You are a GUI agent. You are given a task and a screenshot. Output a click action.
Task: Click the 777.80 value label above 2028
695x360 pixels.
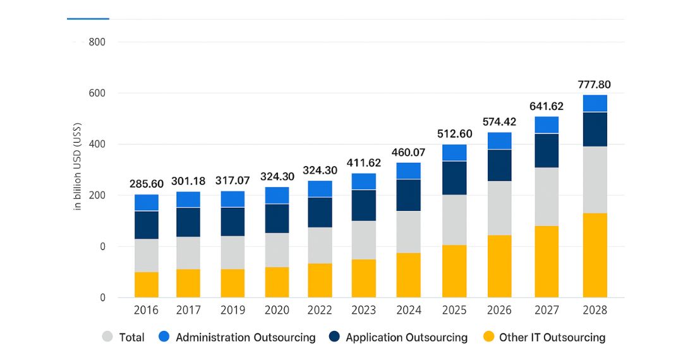[x=595, y=85]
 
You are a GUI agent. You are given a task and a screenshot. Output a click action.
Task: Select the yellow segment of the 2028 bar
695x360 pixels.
[x=595, y=255]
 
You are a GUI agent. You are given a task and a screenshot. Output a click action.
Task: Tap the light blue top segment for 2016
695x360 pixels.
[x=147, y=203]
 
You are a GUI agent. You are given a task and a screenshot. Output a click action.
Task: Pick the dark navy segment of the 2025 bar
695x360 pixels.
[x=454, y=178]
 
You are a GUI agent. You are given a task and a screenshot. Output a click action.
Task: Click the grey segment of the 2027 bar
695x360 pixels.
[x=547, y=196]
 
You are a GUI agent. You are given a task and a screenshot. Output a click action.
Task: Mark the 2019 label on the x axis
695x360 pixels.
[x=233, y=311]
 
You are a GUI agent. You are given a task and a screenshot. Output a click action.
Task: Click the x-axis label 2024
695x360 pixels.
[x=409, y=311]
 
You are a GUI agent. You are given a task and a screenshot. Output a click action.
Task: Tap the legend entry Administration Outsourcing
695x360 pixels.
[x=245, y=337]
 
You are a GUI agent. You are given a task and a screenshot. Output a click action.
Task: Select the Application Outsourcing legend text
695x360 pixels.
[x=406, y=337]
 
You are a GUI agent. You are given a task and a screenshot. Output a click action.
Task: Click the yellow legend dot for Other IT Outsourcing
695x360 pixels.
[x=487, y=337]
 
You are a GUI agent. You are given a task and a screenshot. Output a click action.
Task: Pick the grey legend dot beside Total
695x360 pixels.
[x=108, y=337]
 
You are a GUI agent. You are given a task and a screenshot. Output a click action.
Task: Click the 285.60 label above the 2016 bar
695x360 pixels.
[x=147, y=184]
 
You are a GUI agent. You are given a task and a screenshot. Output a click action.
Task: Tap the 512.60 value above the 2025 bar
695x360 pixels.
[x=454, y=134]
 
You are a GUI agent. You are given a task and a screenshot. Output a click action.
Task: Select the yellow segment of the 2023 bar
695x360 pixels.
[x=363, y=278]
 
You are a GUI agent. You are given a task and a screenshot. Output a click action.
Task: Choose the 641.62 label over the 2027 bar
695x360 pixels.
[x=547, y=106]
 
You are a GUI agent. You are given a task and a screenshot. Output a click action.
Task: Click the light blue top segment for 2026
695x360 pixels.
[x=500, y=141]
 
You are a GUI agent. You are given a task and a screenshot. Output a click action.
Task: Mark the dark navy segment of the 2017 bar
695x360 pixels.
[x=188, y=222]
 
